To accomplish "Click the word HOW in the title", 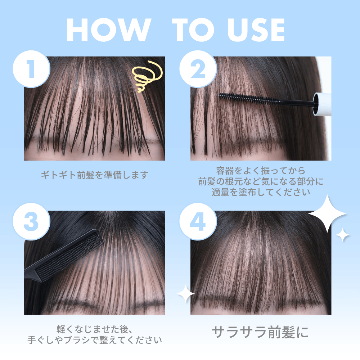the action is [109, 30].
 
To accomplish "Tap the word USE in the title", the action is [251, 30].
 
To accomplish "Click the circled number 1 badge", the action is [31, 69].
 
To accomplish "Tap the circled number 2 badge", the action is [198, 69].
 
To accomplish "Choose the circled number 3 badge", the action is [31, 221].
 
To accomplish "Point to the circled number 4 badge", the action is [198, 221].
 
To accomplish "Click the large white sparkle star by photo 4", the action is [327, 213].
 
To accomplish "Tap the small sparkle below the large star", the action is [343, 235].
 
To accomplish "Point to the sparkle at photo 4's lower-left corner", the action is [185, 294].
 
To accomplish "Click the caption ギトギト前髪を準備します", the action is [94, 175].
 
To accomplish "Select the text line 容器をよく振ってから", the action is [261, 171].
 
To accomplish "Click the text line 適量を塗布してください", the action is [261, 192].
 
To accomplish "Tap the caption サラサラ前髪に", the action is [260, 332].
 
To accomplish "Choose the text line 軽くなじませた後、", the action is [94, 329].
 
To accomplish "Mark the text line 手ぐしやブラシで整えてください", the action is [94, 340].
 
